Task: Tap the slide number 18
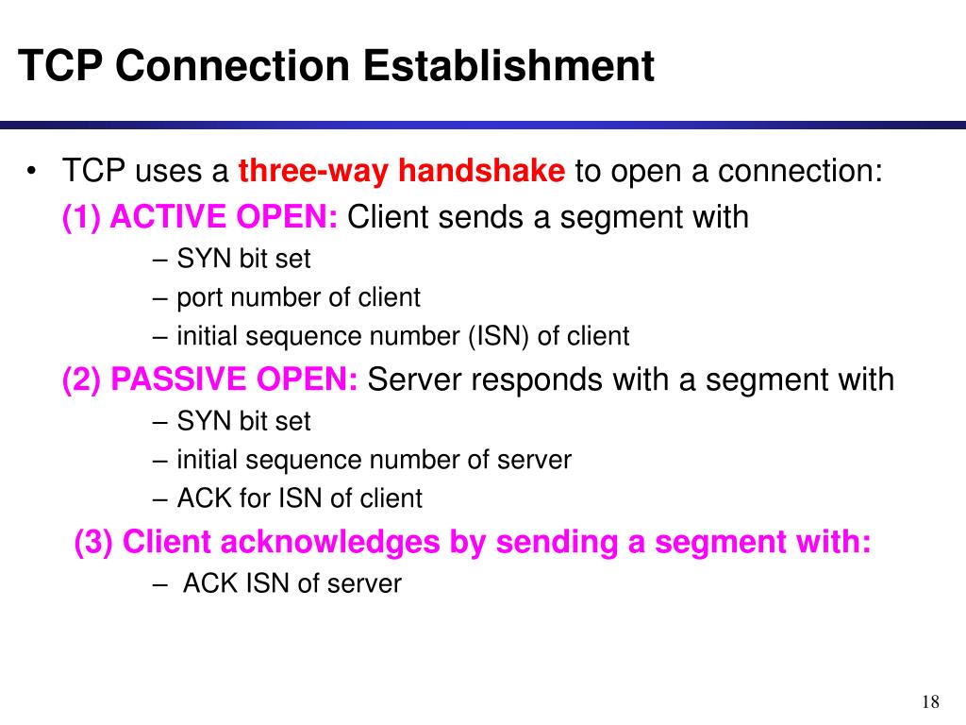click(930, 701)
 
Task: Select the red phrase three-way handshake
click(402, 172)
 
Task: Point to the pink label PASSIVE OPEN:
click(234, 380)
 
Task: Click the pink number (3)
click(94, 543)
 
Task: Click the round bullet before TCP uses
click(32, 172)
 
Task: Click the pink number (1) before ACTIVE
click(82, 218)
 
